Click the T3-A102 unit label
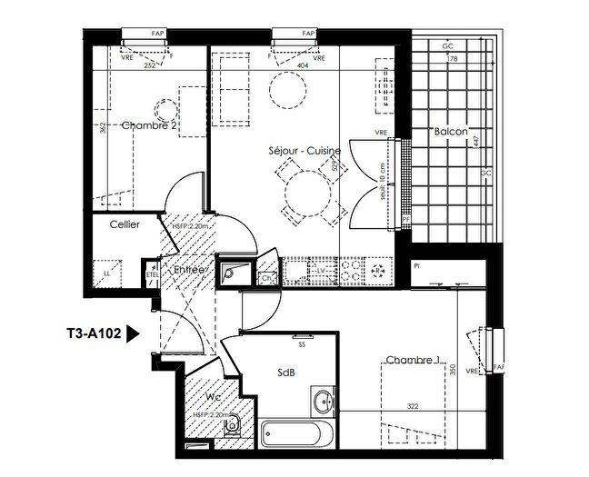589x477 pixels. pos(94,333)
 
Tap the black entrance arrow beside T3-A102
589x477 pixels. pos(133,333)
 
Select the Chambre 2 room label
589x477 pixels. pos(149,126)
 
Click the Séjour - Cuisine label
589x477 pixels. pos(304,150)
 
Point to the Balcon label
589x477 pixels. pos(451,132)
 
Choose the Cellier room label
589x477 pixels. pos(125,224)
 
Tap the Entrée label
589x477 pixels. pos(189,270)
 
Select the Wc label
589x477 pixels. pos(211,397)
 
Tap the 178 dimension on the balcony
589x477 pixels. pos(452,59)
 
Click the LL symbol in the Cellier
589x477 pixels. pos(108,273)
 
